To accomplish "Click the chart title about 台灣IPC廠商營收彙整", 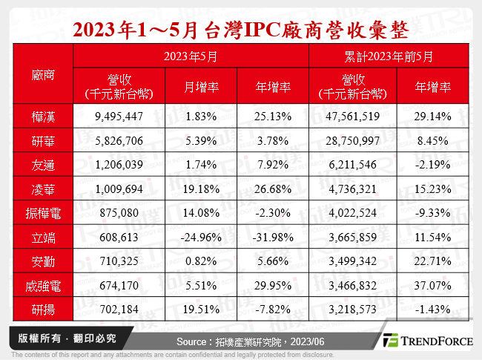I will coord(241,30).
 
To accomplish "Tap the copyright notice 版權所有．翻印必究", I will coord(65,338).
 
